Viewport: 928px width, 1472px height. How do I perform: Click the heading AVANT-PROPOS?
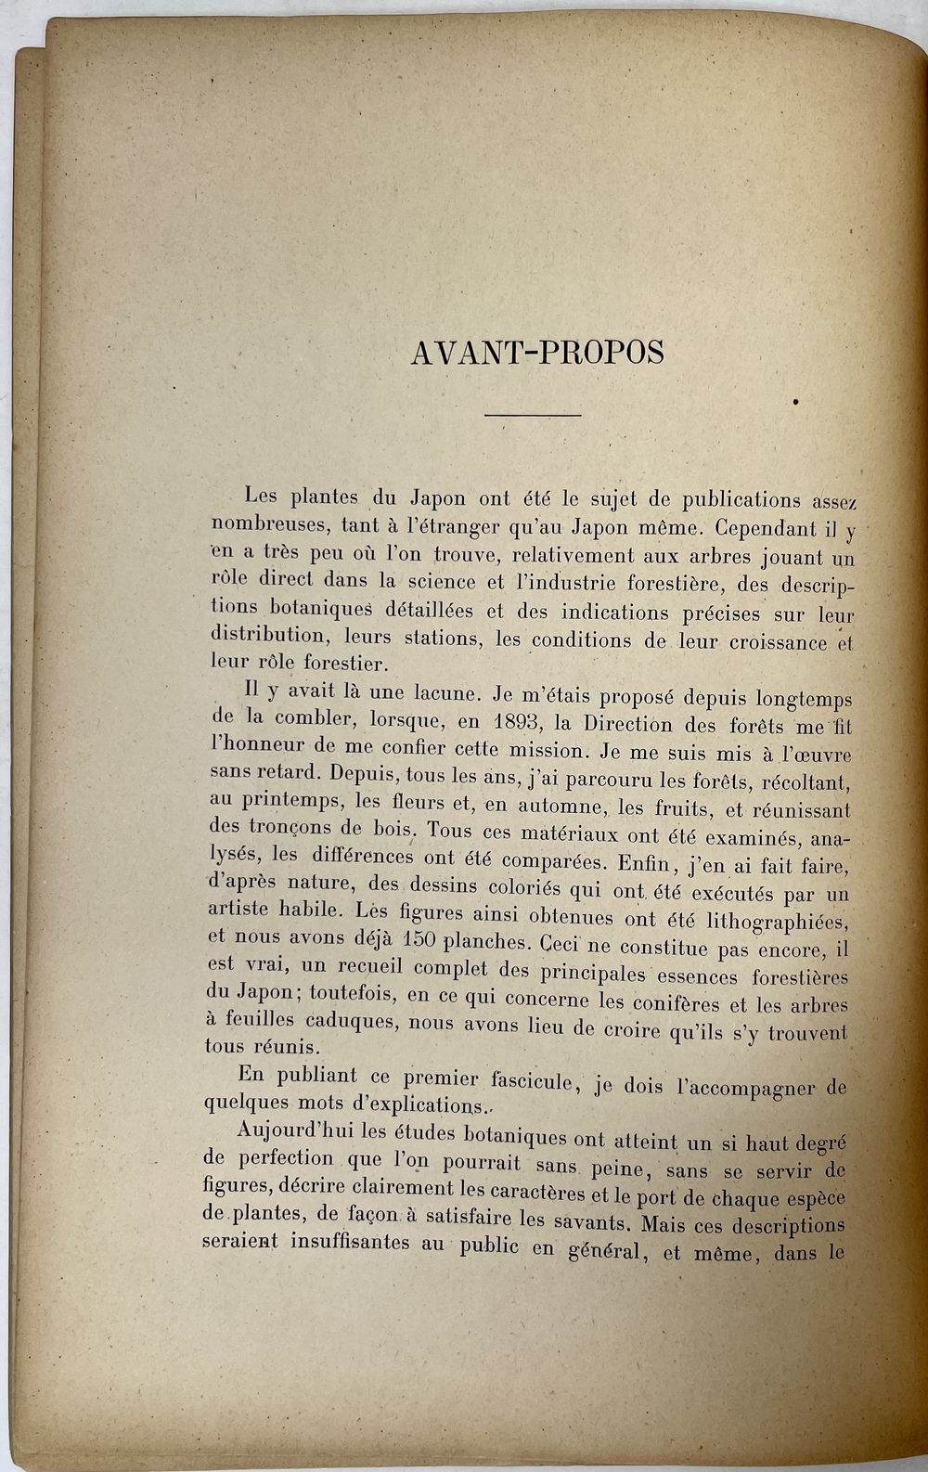click(536, 353)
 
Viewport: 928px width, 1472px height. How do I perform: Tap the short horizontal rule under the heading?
click(533, 414)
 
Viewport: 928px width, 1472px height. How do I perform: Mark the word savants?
click(590, 1219)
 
